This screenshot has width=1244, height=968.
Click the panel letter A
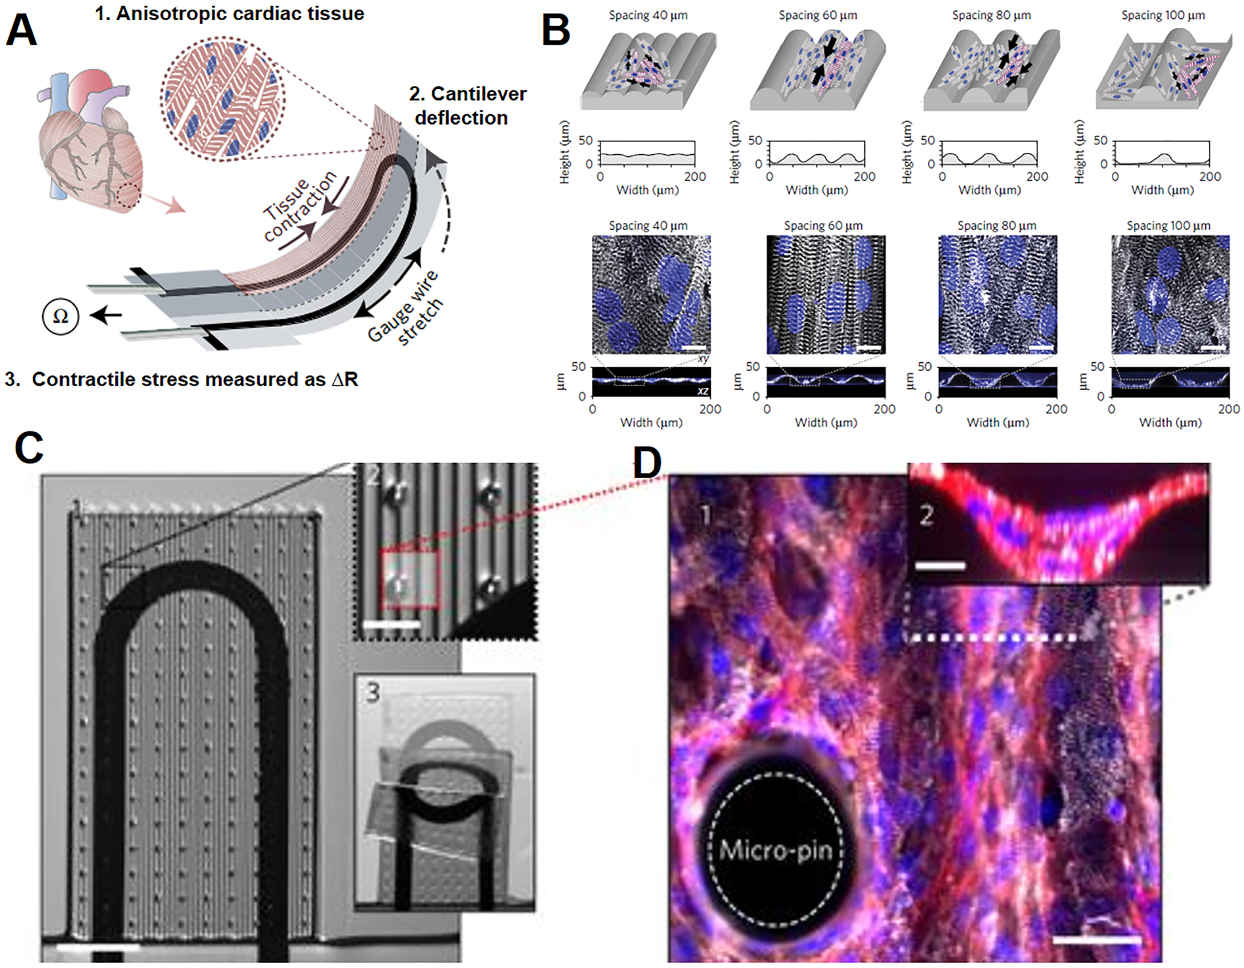tap(21, 30)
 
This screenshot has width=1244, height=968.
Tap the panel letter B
tap(556, 30)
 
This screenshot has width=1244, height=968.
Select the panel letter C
tap(29, 448)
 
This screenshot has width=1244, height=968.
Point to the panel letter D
tap(647, 463)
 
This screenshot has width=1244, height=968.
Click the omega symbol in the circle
tap(60, 316)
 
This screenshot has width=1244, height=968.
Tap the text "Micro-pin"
tap(776, 849)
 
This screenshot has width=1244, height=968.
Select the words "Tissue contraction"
tap(300, 205)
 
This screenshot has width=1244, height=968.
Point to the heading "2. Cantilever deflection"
tap(466, 106)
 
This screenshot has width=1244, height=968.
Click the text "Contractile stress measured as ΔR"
tap(194, 379)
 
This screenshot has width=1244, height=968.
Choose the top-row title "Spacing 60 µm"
tap(818, 15)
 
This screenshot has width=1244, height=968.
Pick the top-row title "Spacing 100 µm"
tap(1163, 15)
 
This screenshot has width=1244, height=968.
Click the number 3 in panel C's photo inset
tap(373, 693)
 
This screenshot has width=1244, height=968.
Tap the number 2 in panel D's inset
tap(927, 515)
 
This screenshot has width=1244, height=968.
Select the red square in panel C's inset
tap(409, 579)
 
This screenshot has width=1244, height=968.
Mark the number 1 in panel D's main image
tap(706, 515)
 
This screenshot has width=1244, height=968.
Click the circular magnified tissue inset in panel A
tap(222, 97)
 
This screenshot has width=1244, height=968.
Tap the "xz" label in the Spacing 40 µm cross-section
tap(702, 391)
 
